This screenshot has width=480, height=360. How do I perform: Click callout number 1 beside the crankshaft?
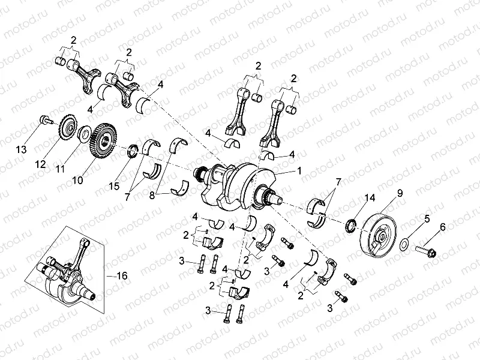tap(299, 170)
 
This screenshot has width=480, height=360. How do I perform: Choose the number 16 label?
tap(122, 275)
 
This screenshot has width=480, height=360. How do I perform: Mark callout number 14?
tap(368, 197)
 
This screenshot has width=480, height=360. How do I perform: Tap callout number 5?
tap(427, 219)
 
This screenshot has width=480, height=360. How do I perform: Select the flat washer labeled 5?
tap(406, 242)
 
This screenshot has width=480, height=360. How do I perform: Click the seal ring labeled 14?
tap(349, 226)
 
